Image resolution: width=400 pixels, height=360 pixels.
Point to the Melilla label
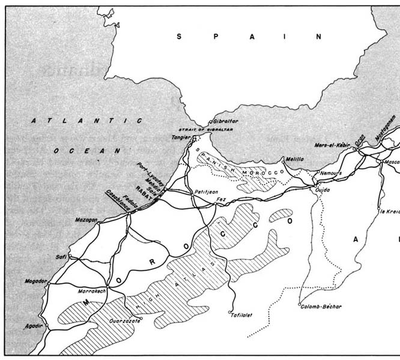294,160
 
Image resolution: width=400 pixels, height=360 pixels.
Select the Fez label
220,198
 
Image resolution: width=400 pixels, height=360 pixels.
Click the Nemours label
330,173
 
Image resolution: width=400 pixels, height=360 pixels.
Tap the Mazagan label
86,220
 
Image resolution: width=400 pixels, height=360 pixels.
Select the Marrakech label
92,291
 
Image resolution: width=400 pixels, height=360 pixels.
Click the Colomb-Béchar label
321,307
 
